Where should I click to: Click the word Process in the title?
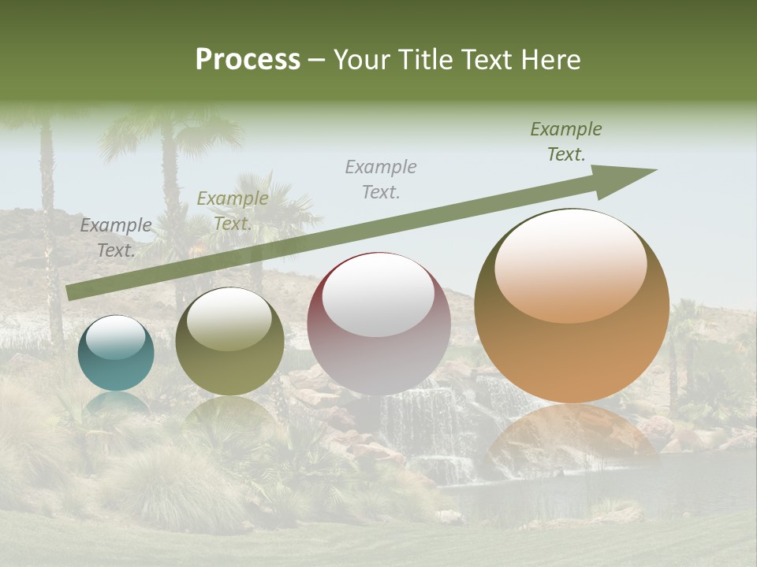click(x=248, y=60)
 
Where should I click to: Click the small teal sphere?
click(x=116, y=353)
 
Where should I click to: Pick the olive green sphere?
click(x=229, y=341)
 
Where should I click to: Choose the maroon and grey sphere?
click(x=378, y=324)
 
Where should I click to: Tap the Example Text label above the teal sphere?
click(x=116, y=238)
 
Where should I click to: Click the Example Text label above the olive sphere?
click(x=232, y=211)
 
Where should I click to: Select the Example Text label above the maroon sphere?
click(x=381, y=179)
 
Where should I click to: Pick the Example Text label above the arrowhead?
click(x=566, y=142)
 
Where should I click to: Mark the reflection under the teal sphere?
click(x=116, y=403)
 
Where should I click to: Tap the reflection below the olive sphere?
click(x=229, y=413)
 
